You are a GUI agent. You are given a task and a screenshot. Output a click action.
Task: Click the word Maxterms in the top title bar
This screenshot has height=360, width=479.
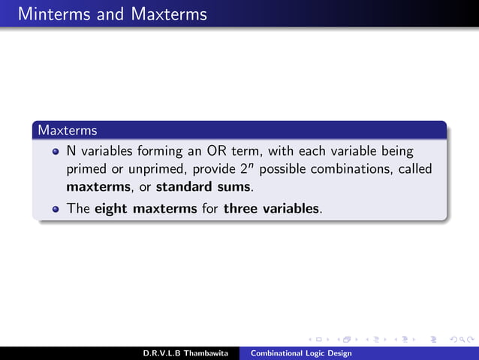[x=166, y=14]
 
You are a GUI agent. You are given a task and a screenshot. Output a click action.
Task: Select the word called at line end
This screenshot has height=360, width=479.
[x=415, y=169]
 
